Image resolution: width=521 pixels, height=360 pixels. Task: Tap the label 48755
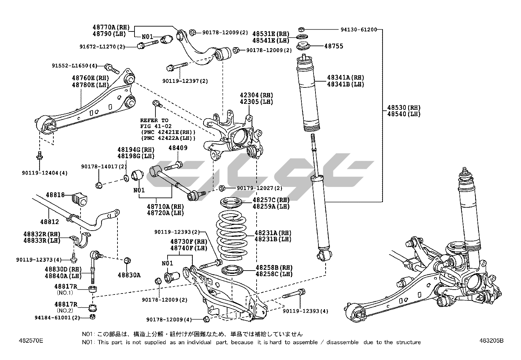[333, 46]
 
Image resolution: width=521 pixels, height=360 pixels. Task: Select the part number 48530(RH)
[404, 107]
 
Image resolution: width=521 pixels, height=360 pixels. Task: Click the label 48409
[178, 148]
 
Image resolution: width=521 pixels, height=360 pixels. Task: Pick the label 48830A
[129, 275]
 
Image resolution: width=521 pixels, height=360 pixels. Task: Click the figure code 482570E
[31, 341]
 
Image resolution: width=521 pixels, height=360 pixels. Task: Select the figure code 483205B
[490, 341]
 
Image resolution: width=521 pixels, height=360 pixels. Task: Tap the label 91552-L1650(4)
[75, 66]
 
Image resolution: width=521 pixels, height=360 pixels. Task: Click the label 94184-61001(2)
[57, 317]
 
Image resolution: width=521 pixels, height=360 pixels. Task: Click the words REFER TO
[154, 120]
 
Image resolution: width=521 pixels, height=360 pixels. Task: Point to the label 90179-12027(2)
[259, 188]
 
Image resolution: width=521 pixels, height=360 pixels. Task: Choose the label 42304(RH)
[256, 95]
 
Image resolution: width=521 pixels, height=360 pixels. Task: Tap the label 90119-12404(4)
[45, 173]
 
